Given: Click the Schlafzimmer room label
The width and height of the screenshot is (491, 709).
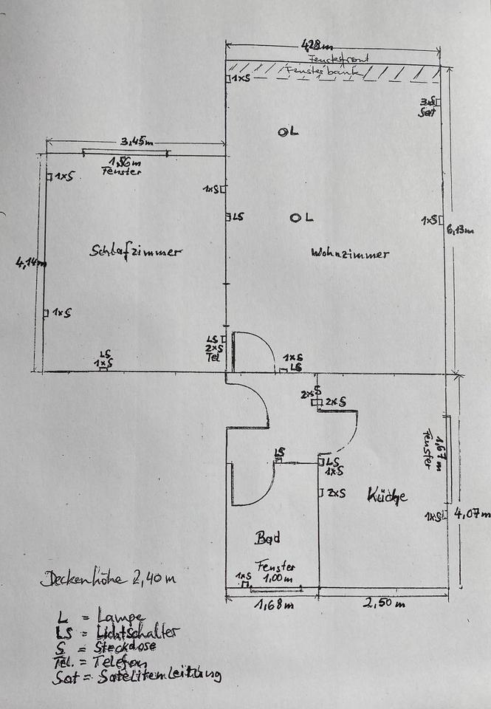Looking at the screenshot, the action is [x=135, y=251].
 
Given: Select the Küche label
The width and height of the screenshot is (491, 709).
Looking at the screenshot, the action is [x=387, y=496].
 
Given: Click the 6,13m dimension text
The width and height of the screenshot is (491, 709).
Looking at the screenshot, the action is [x=460, y=230].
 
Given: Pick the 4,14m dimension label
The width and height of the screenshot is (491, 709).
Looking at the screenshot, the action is [x=31, y=262].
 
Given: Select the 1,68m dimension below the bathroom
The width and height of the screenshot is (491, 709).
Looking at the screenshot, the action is [x=269, y=606].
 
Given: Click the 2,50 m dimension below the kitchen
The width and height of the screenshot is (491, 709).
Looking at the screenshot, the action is [x=385, y=605].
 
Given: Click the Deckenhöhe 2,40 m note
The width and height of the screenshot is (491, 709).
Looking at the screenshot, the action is [x=109, y=578].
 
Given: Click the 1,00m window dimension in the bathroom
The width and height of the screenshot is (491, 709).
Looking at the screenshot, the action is [x=279, y=580].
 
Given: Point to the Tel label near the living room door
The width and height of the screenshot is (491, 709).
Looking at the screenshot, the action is [x=212, y=357].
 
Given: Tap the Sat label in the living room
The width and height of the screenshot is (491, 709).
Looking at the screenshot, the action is [x=426, y=112].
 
